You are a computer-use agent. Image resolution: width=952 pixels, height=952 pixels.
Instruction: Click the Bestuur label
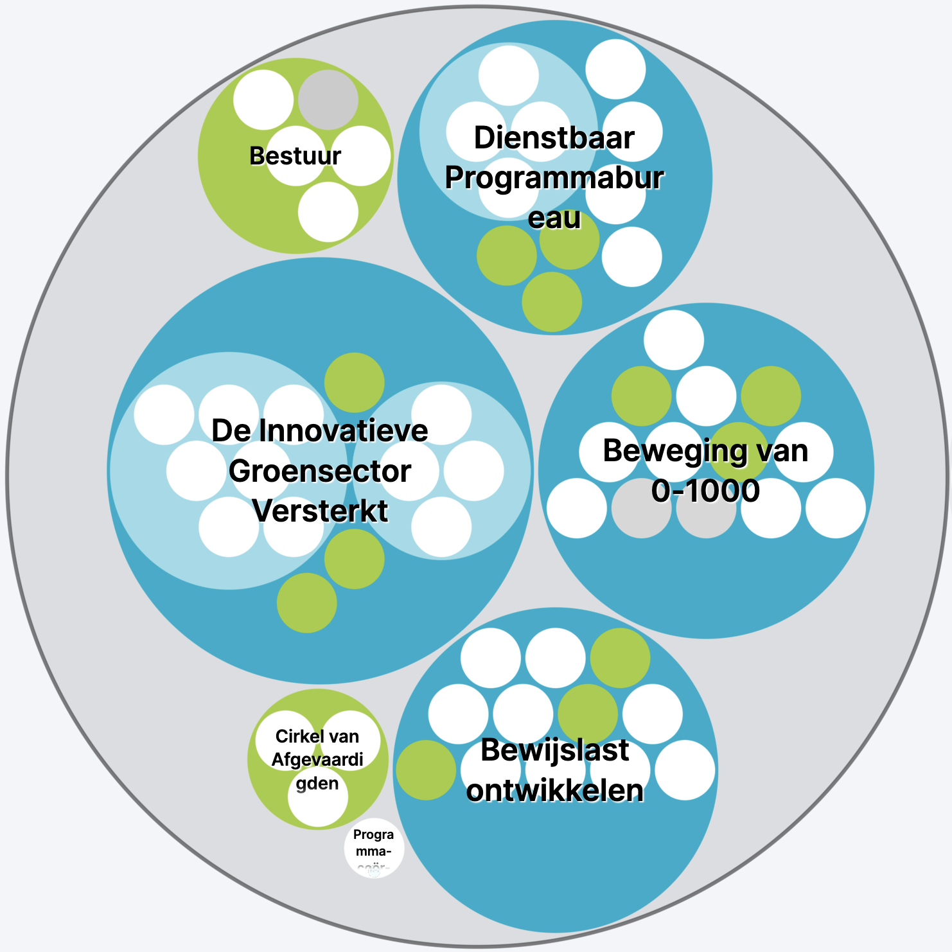click(x=295, y=156)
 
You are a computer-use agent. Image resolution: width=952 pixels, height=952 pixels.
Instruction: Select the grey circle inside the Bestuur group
click(x=328, y=100)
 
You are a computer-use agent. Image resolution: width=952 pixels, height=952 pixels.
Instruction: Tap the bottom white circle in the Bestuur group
click(x=328, y=212)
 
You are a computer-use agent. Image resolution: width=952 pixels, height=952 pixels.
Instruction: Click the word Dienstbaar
click(x=554, y=138)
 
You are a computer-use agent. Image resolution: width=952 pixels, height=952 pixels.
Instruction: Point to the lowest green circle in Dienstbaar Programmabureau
click(x=552, y=302)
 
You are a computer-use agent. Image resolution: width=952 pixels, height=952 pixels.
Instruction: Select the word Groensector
click(x=319, y=472)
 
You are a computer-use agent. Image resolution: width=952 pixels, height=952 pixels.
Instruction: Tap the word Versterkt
click(x=319, y=511)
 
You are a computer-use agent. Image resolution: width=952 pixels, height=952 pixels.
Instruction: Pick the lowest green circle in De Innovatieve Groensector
click(x=306, y=603)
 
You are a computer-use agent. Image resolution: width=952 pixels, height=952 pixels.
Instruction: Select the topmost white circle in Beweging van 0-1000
click(x=673, y=340)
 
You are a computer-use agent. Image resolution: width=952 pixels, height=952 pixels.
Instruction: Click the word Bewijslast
click(x=554, y=750)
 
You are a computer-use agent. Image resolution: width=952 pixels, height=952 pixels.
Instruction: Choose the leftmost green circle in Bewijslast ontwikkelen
click(x=425, y=770)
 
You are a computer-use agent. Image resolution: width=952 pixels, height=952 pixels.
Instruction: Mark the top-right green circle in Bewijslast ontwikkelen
click(x=619, y=658)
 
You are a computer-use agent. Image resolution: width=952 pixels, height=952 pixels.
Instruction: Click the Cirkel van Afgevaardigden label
click(x=317, y=760)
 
